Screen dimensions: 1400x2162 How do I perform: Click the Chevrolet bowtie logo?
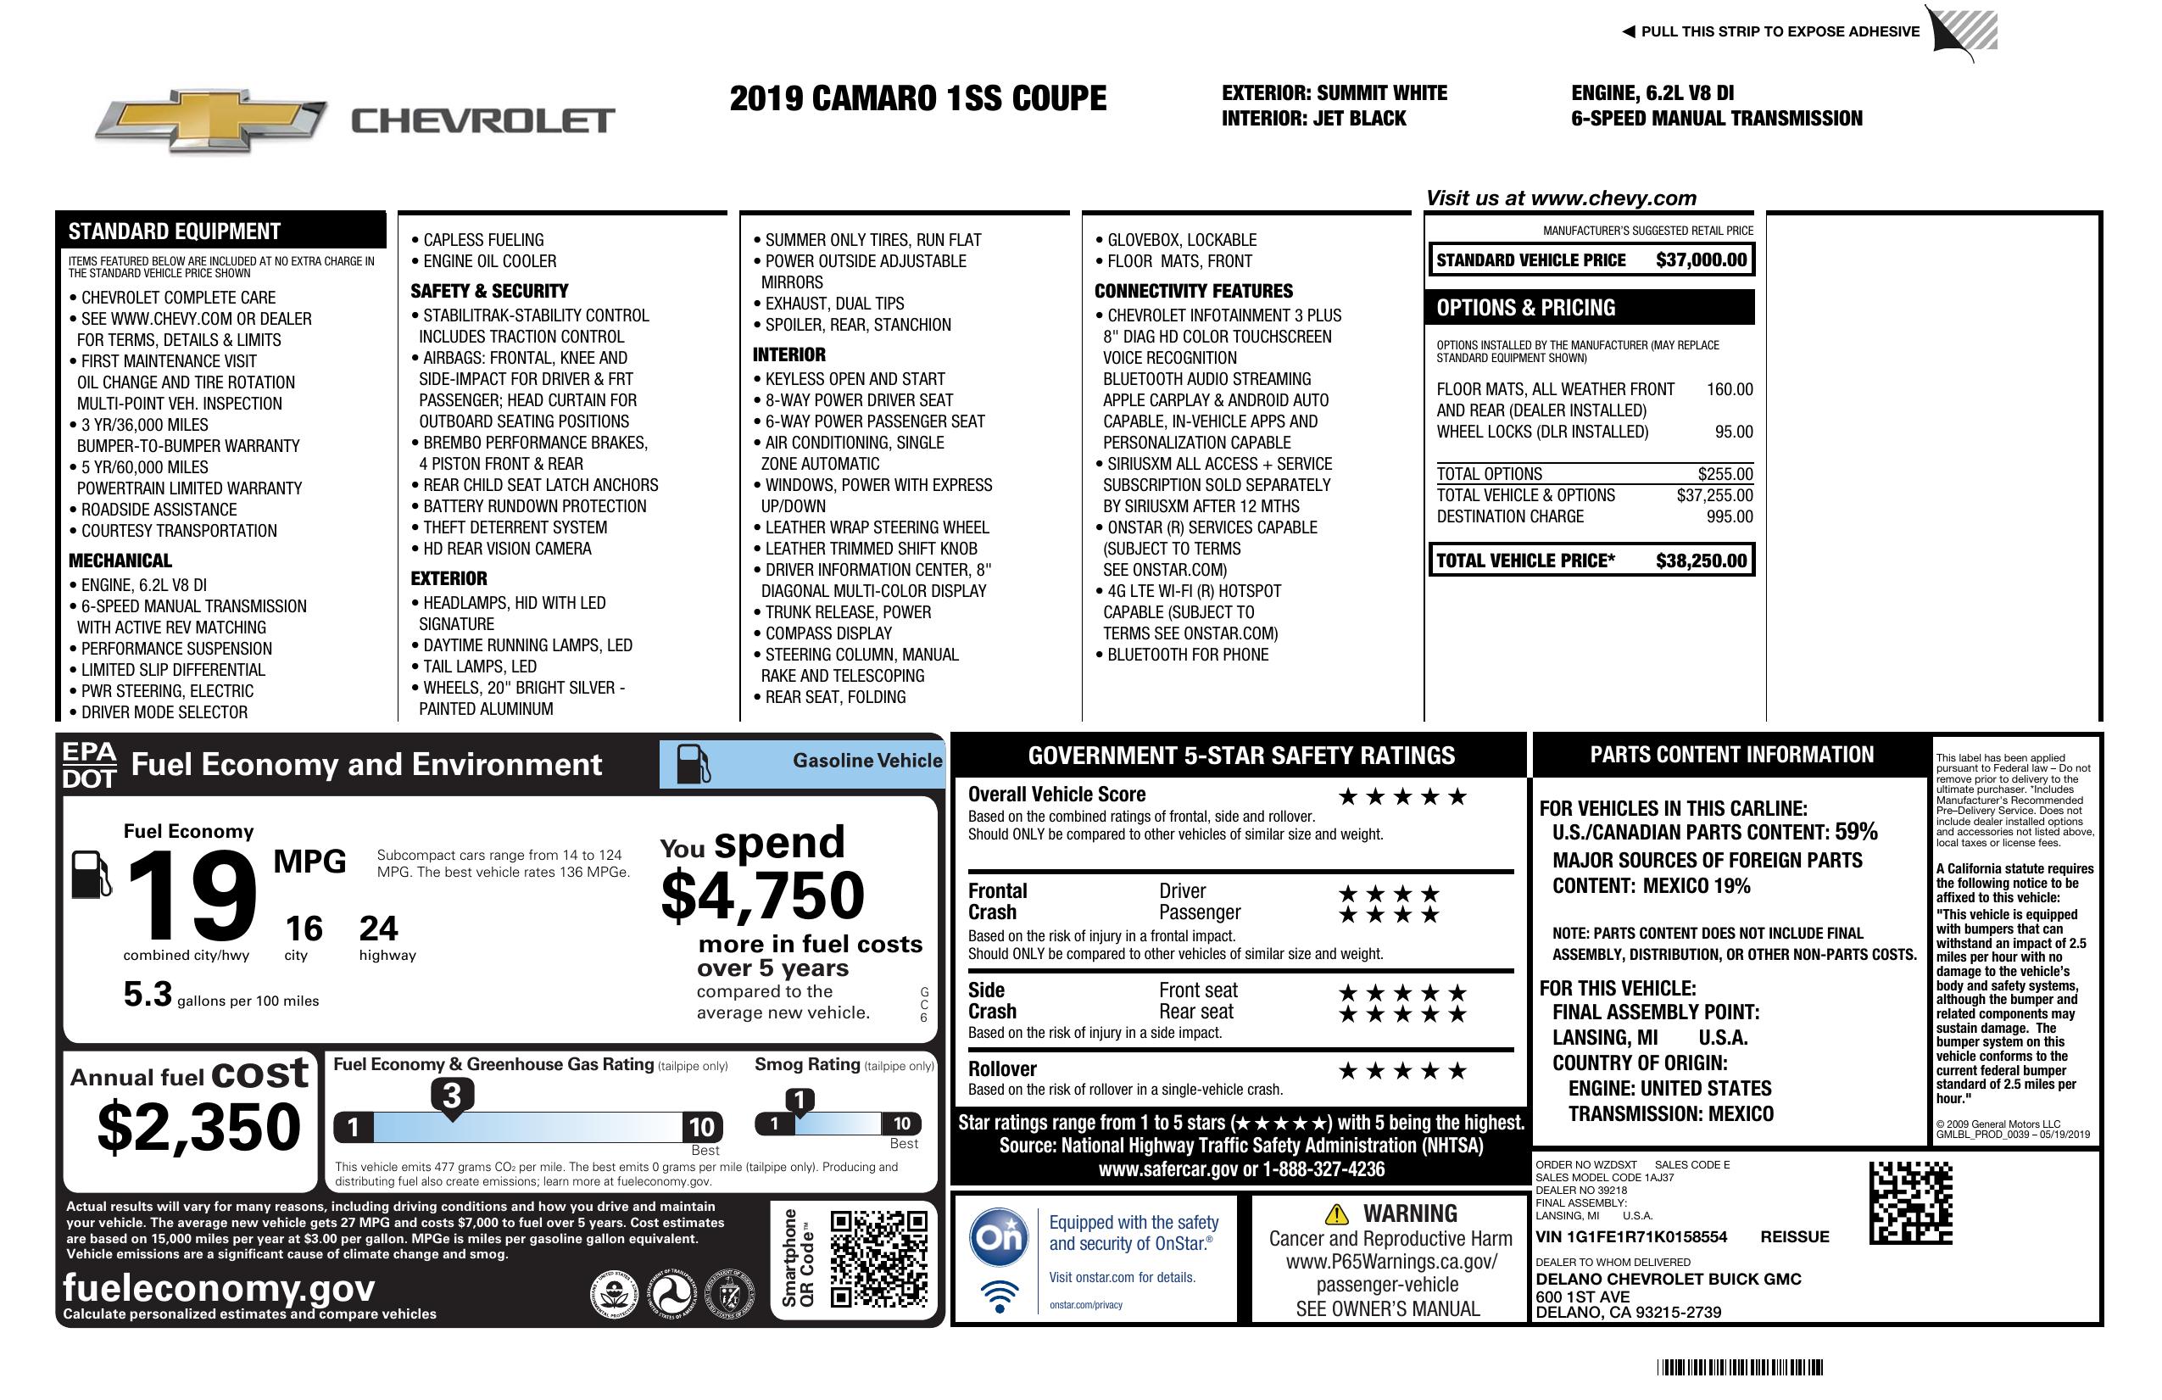point(211,120)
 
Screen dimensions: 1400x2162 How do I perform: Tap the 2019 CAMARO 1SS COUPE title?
point(917,98)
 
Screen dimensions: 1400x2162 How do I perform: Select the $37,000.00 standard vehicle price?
point(1701,259)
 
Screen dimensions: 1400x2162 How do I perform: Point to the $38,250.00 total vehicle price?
point(1701,561)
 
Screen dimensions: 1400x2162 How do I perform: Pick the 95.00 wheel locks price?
point(1733,432)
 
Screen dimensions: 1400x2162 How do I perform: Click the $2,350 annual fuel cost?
point(198,1127)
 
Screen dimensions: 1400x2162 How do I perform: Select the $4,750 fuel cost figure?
point(762,895)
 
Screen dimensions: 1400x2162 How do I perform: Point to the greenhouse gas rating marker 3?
point(451,1096)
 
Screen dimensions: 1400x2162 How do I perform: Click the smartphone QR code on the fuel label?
point(878,1258)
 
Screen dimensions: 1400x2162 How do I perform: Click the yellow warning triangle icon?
point(1336,1213)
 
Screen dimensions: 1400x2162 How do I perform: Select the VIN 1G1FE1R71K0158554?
point(1630,1236)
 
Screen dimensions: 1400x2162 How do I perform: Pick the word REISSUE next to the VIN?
point(1794,1236)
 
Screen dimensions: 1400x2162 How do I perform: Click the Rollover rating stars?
point(1401,1071)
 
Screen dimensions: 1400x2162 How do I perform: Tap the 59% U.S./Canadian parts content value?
point(1855,831)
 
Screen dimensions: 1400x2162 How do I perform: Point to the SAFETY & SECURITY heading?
point(488,291)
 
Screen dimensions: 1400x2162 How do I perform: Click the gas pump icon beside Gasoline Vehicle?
point(694,764)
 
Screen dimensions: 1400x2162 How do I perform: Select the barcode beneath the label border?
point(1739,1367)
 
